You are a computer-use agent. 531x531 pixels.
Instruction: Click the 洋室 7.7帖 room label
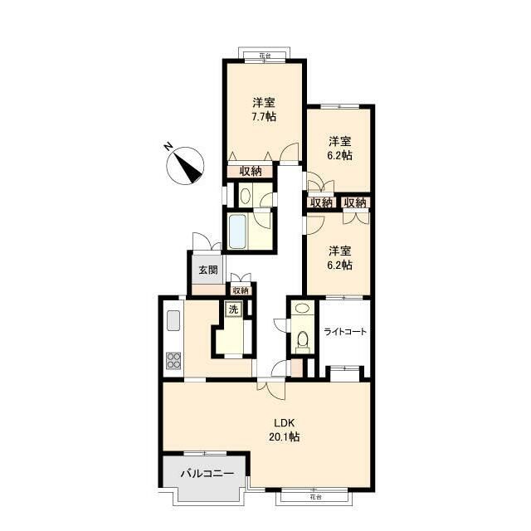click(264, 110)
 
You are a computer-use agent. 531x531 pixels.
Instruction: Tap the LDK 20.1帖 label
click(284, 430)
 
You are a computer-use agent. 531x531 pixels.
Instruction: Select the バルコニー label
click(207, 473)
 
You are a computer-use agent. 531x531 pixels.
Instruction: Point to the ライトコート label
click(345, 332)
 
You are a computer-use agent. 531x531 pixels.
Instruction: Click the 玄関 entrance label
click(207, 270)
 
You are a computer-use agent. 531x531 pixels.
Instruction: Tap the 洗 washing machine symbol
click(234, 309)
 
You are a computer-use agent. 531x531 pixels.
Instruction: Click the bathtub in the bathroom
click(237, 231)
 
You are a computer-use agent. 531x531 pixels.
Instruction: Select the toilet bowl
click(302, 339)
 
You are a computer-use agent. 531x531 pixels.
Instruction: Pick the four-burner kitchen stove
click(173, 361)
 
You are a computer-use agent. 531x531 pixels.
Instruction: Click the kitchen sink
click(173, 320)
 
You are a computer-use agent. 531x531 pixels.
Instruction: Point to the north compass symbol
click(186, 166)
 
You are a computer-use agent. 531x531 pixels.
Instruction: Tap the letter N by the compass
click(168, 147)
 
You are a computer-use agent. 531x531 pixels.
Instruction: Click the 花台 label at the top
click(265, 56)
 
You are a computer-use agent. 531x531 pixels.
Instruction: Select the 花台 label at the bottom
click(315, 497)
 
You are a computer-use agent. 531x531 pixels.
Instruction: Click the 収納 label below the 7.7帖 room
click(251, 172)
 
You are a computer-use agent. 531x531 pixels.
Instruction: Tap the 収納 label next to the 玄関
click(241, 290)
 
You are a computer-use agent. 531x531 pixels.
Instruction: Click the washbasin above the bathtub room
click(245, 196)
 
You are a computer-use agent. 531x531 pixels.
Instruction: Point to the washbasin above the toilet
click(302, 308)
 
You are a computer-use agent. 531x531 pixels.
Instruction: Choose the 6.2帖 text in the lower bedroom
click(339, 265)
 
